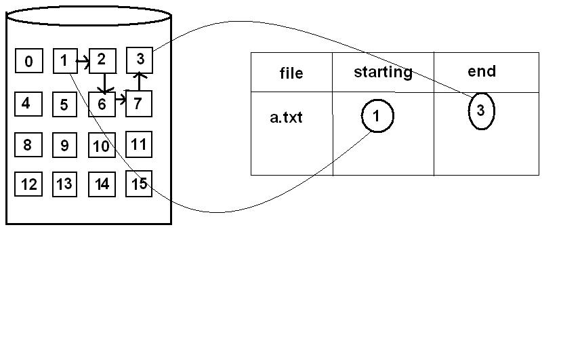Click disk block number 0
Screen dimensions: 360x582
[28, 62]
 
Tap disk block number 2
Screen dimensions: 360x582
[102, 60]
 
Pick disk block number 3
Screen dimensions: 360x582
[140, 60]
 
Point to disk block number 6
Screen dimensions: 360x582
[102, 104]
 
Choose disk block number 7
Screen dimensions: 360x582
[138, 104]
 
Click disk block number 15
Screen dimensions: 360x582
[140, 184]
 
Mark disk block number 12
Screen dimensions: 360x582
[28, 184]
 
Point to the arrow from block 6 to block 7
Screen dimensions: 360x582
[121, 99]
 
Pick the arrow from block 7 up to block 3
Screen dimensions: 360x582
[140, 81]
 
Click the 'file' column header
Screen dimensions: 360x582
[291, 73]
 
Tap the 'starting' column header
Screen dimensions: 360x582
[383, 72]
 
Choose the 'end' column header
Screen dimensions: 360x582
[482, 71]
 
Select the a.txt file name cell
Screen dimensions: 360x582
[286, 117]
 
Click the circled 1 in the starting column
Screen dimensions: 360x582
[377, 117]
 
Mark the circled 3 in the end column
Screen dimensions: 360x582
[481, 111]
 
